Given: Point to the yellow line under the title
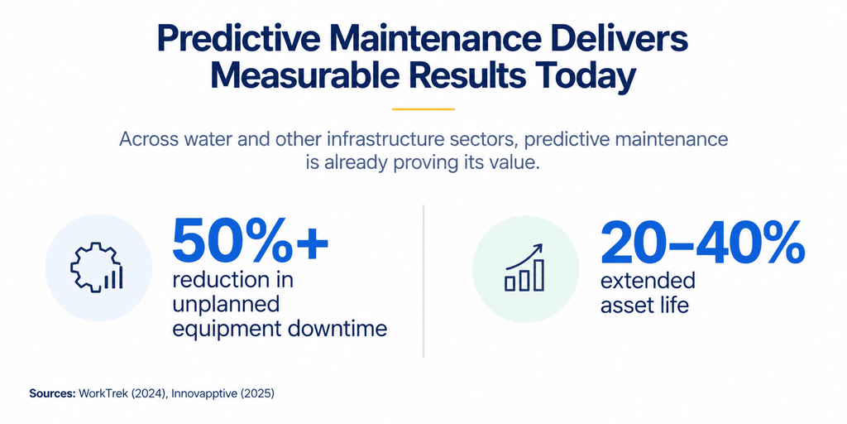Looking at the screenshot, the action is [x=423, y=108].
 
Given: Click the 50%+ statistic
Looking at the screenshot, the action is [x=250, y=242].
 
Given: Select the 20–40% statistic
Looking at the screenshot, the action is [x=702, y=243].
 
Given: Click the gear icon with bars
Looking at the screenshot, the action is [x=98, y=267].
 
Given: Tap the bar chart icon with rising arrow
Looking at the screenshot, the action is [x=524, y=267].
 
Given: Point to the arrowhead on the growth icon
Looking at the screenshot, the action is [x=538, y=248].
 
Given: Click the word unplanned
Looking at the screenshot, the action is [x=226, y=306].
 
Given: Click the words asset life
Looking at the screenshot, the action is [x=645, y=306].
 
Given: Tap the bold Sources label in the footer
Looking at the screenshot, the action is [x=52, y=393].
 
